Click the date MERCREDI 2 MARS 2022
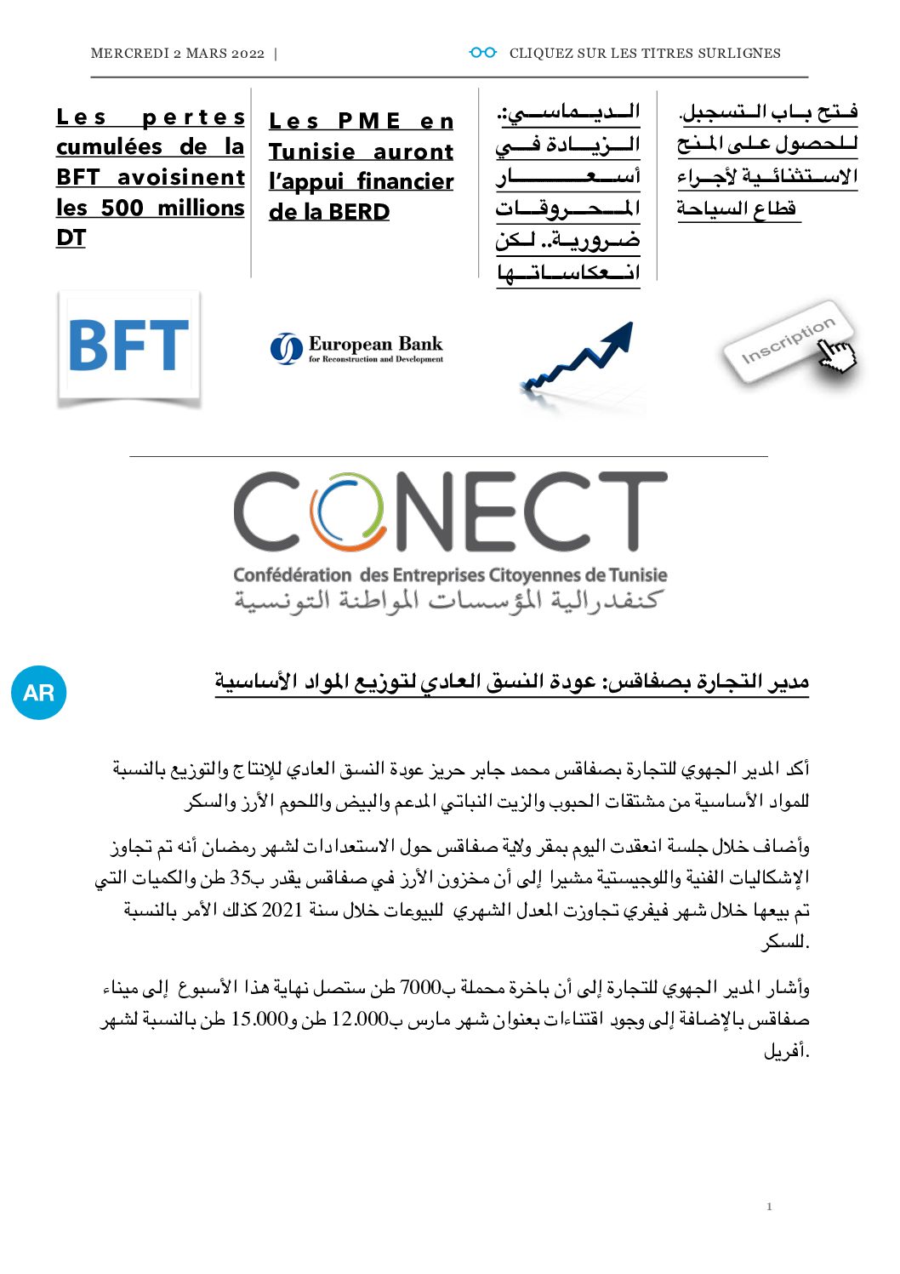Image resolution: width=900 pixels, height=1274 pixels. pyautogui.click(x=177, y=54)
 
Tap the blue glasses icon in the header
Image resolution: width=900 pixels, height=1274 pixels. pyautogui.click(x=482, y=53)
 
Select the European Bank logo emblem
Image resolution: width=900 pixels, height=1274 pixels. pyautogui.click(x=286, y=348)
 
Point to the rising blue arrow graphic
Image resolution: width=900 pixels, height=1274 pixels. pyautogui.click(x=578, y=358)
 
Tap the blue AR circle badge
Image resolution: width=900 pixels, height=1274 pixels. pyautogui.click(x=39, y=693)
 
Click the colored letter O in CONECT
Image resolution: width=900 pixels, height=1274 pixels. pyautogui.click(x=346, y=511)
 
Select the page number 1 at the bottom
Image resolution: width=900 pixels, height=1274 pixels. pyautogui.click(x=769, y=1206)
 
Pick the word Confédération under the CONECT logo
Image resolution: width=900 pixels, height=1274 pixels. pyautogui.click(x=292, y=575)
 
